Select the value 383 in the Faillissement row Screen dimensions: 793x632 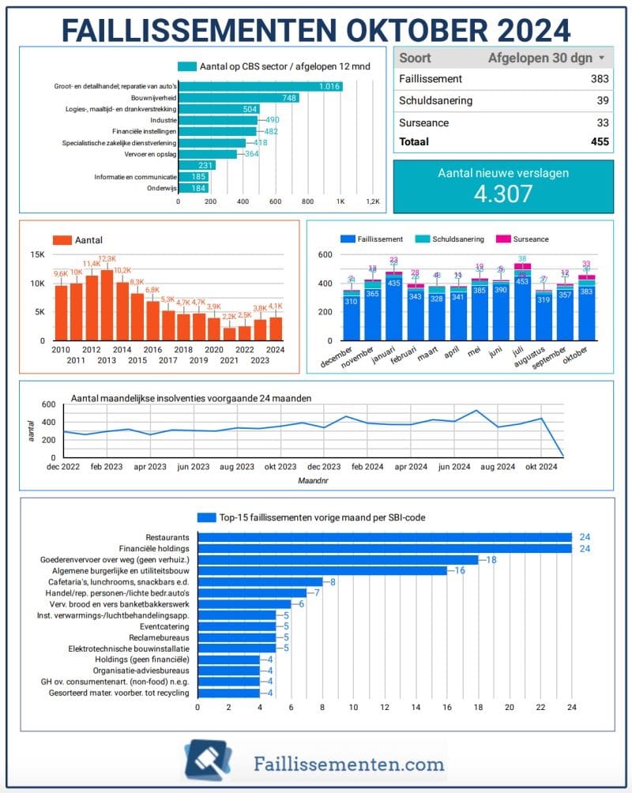[x=600, y=79]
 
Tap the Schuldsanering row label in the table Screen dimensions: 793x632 [x=435, y=101]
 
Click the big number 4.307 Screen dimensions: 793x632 [x=502, y=194]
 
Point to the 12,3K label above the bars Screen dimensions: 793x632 [x=107, y=259]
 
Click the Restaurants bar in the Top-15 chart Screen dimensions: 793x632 [x=384, y=538]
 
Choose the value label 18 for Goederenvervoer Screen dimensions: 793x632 [x=491, y=560]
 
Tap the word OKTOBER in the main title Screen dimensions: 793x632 [x=411, y=29]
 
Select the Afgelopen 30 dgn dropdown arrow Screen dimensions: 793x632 [x=602, y=58]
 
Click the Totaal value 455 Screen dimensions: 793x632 [x=600, y=142]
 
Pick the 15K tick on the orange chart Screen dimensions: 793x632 [x=37, y=255]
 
